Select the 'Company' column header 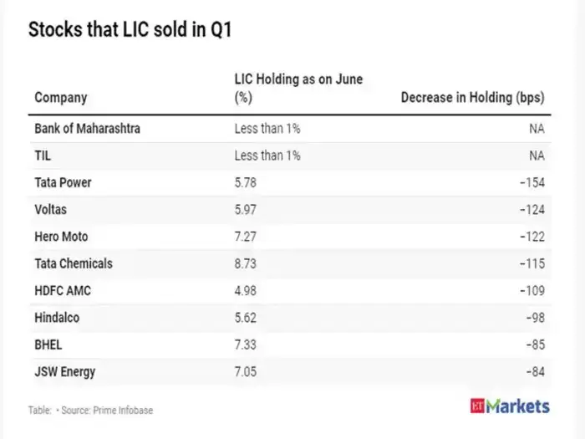click(60, 98)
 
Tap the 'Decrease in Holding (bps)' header click(472, 98)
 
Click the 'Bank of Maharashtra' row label click(87, 129)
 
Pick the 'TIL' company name click(43, 156)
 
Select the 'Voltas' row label click(51, 209)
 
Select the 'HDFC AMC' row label click(62, 289)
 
